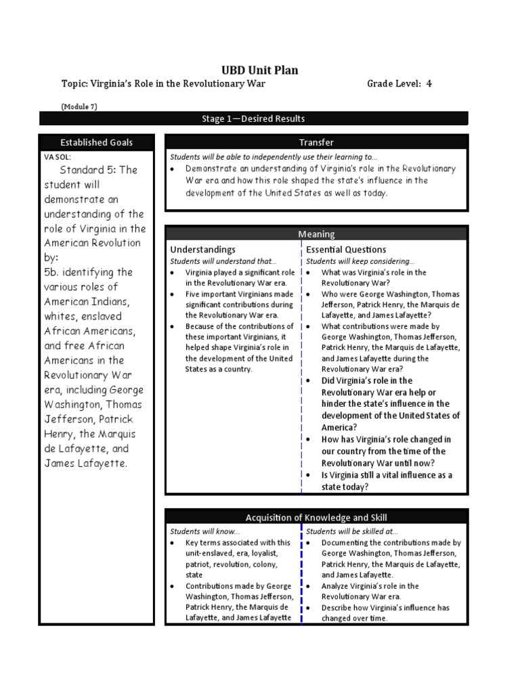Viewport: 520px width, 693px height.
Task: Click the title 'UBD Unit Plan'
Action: (x=260, y=70)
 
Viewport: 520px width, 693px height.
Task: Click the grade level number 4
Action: (x=429, y=84)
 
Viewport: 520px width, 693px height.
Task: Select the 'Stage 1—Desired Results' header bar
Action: (x=253, y=119)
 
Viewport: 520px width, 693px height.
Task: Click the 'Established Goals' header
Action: (x=97, y=143)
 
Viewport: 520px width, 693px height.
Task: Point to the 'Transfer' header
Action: (x=316, y=143)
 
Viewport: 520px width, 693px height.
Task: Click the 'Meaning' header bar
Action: (x=316, y=234)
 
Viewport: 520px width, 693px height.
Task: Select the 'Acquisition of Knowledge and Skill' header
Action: (x=316, y=518)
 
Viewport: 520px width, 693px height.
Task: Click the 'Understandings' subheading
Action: (x=202, y=250)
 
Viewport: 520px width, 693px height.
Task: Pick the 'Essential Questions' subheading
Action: (x=346, y=250)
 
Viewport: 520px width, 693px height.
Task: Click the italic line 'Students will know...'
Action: (x=195, y=532)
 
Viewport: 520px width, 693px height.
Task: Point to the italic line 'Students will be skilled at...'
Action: (x=351, y=532)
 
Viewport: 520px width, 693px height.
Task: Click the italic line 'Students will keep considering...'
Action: (x=360, y=261)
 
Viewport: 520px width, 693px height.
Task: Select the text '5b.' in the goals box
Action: (x=55, y=272)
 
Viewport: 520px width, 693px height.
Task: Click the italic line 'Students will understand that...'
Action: (x=223, y=261)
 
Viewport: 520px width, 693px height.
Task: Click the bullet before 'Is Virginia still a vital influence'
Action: (x=308, y=475)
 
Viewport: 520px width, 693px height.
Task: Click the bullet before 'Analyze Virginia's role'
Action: (x=308, y=586)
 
